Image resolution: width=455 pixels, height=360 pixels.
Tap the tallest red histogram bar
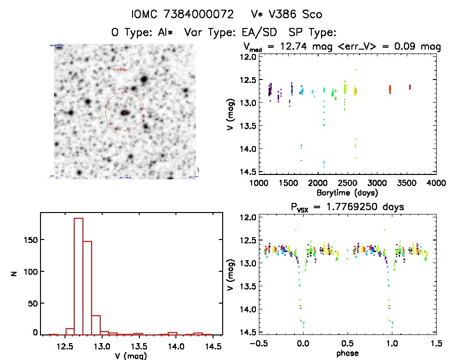coord(79,275)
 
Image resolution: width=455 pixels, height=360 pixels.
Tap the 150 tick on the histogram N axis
coord(28,240)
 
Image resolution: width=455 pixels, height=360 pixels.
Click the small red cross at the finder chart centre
coord(124,112)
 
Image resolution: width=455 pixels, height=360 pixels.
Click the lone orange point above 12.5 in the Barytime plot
coord(356,69)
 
